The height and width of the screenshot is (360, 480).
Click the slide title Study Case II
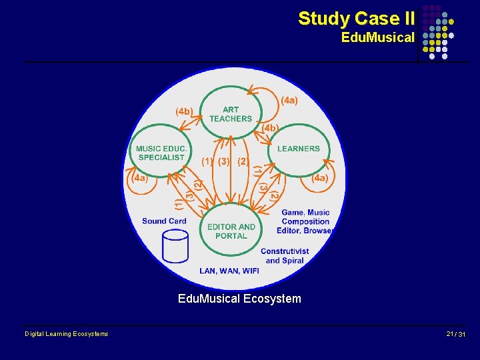tap(356, 18)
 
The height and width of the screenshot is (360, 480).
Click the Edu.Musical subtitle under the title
tap(377, 37)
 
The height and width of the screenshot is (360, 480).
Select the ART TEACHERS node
tap(231, 114)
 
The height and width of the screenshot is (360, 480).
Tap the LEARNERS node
tap(298, 149)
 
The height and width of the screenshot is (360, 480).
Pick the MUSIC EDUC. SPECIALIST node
tap(162, 153)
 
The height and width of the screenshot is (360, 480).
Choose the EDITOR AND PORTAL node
tap(231, 231)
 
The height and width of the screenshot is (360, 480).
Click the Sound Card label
tap(164, 221)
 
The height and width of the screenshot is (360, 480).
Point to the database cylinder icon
tap(175, 246)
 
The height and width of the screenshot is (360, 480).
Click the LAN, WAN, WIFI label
tap(229, 271)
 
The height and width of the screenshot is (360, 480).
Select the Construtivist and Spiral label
tap(285, 255)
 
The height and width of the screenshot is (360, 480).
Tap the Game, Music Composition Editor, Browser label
tap(306, 221)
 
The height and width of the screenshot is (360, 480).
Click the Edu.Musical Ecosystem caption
tap(239, 299)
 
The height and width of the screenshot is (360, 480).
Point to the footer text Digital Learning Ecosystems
tap(66, 334)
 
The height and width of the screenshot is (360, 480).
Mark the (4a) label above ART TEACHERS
tap(289, 101)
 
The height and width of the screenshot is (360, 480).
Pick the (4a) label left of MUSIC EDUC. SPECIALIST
tap(139, 178)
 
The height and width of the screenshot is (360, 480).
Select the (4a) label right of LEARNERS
tap(320, 178)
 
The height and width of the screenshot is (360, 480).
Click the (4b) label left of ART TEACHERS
tap(185, 111)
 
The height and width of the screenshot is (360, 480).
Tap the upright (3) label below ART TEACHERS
tap(223, 161)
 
